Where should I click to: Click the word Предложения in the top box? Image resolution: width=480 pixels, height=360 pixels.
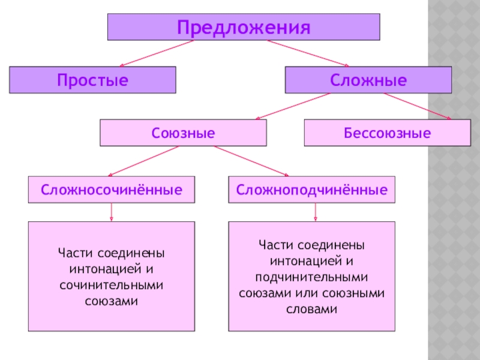(244, 28)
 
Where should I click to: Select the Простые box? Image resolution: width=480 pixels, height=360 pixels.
(92, 80)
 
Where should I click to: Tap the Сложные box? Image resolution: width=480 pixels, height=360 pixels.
(368, 80)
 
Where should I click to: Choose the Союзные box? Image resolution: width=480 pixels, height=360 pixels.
(183, 133)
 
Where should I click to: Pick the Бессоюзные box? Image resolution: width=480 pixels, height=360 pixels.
(387, 133)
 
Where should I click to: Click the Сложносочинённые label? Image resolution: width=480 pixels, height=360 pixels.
(112, 190)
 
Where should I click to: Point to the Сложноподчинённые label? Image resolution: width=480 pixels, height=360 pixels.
(311, 190)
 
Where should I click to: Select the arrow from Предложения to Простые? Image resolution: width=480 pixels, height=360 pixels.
(157, 53)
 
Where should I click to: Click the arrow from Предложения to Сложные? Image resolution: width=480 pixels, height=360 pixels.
(308, 53)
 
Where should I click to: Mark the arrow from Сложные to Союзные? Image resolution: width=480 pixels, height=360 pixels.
(293, 106)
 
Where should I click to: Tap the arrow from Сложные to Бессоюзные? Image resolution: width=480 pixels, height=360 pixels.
(418, 106)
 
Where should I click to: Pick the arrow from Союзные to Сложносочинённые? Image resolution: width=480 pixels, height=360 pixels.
(143, 161)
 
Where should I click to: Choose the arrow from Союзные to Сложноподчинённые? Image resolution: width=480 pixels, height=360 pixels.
(251, 161)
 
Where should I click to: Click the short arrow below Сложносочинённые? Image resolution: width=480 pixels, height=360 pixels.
(112, 212)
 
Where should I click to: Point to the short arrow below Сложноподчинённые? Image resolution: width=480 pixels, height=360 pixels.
(316, 212)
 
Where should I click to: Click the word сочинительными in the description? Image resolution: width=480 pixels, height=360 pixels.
(112, 286)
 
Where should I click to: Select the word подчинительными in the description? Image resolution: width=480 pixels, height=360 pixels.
(311, 277)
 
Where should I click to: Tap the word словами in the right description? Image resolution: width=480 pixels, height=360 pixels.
(311, 309)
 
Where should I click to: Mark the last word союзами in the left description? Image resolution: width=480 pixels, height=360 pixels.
(112, 301)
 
